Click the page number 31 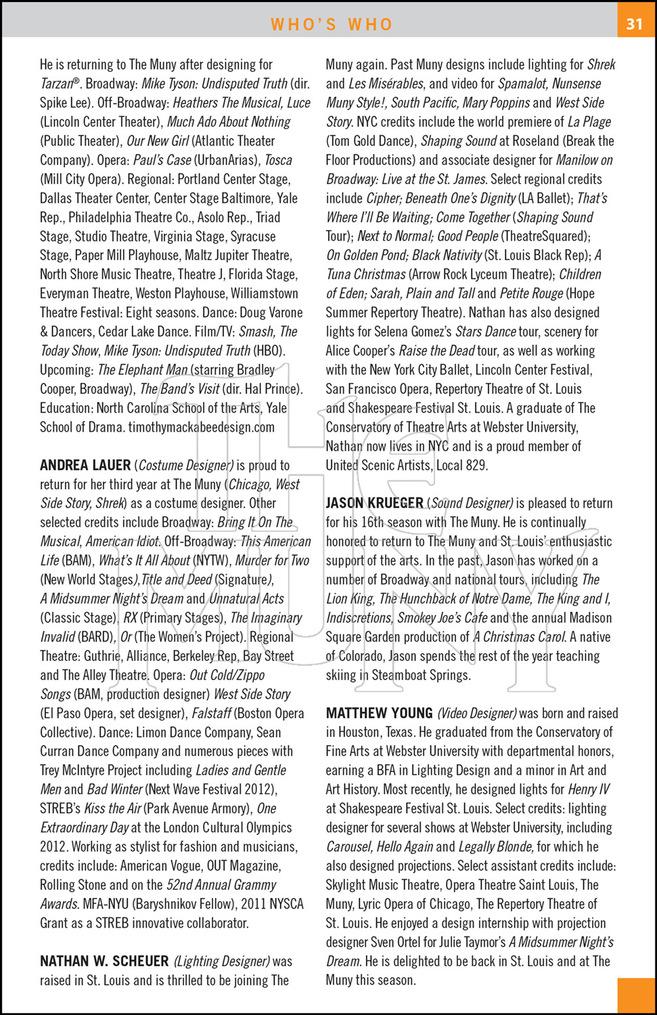tap(634, 24)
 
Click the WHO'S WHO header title tap(332, 24)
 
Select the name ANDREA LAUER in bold tap(85, 466)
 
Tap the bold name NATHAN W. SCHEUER tap(104, 962)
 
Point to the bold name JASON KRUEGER tap(374, 503)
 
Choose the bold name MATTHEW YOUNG tap(379, 713)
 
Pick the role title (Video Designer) tap(477, 713)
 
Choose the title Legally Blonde tap(496, 847)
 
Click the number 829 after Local tap(476, 466)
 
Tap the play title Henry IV tap(589, 790)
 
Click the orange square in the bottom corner tap(636, 995)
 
